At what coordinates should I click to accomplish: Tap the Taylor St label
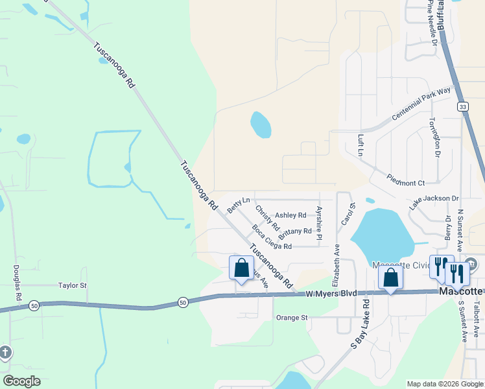tap(72, 285)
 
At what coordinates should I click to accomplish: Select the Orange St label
tap(291, 318)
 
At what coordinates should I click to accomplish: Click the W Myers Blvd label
tap(331, 293)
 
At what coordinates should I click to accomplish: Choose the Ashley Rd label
tap(290, 215)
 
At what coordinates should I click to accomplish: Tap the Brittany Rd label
tap(295, 231)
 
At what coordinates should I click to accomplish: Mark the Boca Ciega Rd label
tap(272, 237)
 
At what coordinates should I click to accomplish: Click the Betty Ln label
tap(238, 204)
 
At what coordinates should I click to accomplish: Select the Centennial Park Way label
tap(421, 104)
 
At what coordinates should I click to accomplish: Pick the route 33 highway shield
tap(462, 106)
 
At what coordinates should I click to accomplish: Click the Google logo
tap(22, 381)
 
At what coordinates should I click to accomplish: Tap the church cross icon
tap(5, 353)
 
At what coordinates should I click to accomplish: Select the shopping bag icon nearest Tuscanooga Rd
tap(241, 268)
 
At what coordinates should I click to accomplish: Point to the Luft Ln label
tap(361, 146)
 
